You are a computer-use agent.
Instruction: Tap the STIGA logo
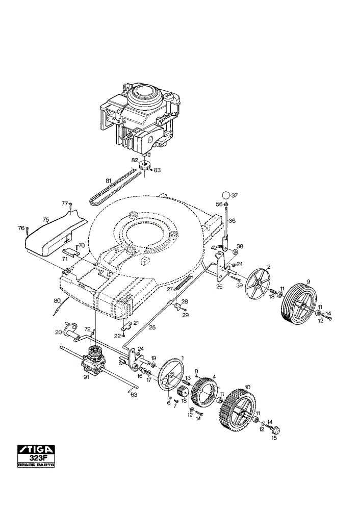click(36, 450)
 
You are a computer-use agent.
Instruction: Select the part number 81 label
click(109, 180)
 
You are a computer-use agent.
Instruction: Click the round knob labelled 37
click(226, 195)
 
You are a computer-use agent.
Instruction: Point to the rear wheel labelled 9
click(298, 304)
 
